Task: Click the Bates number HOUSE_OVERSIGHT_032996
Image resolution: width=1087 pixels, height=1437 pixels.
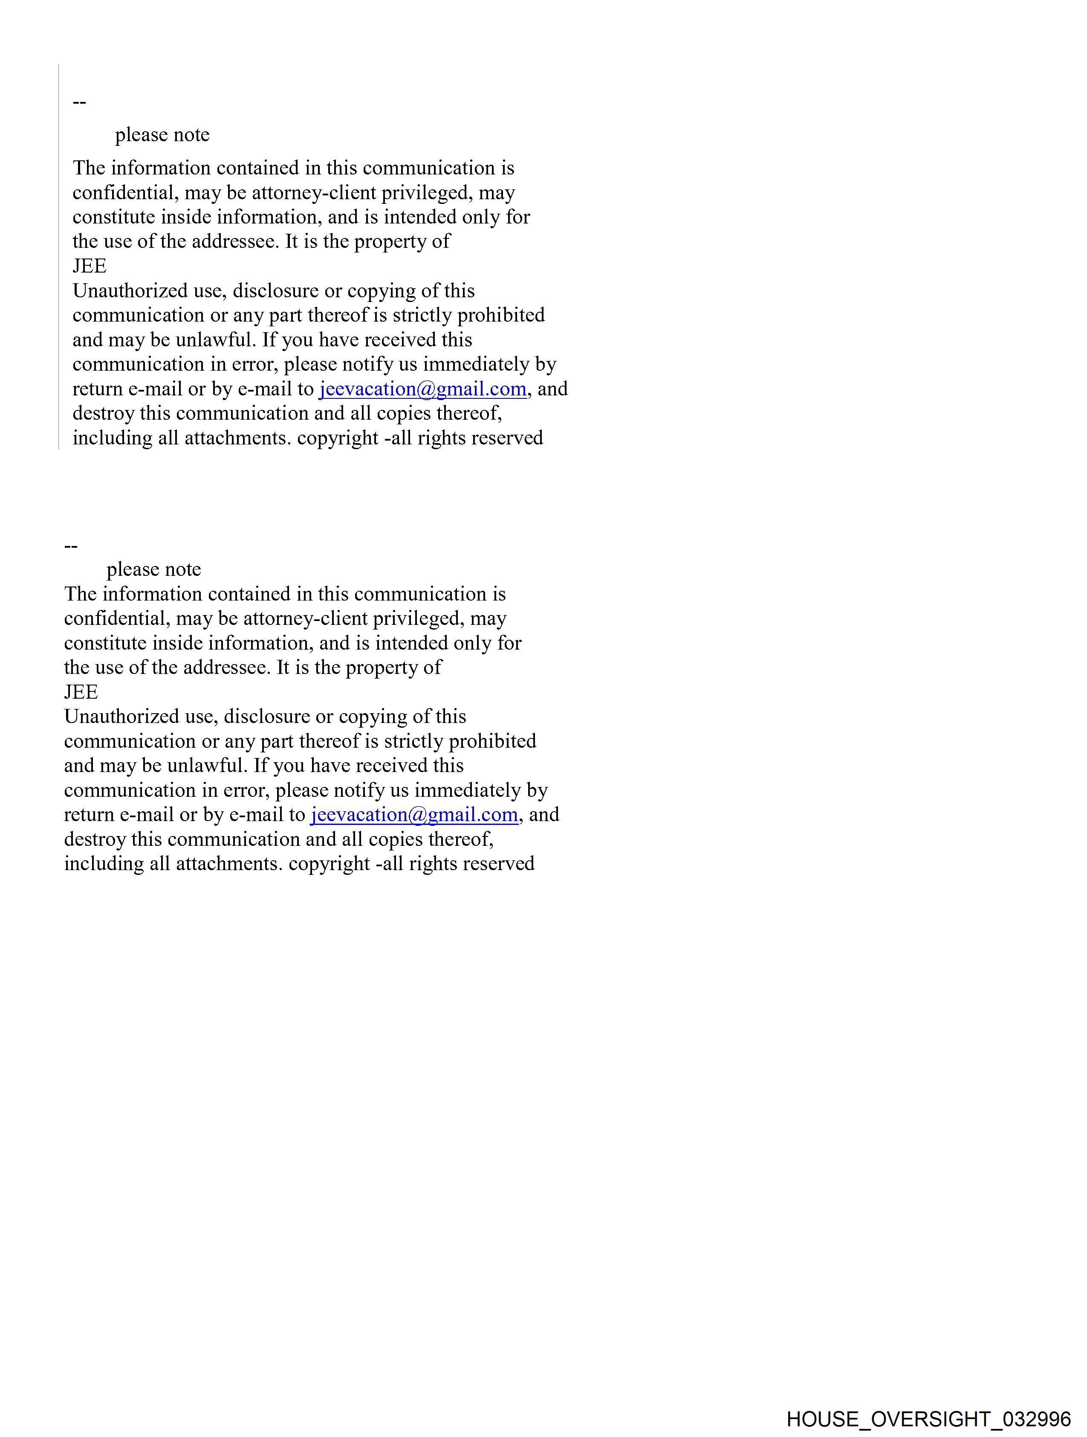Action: [928, 1419]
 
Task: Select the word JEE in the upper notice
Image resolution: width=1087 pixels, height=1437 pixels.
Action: [90, 266]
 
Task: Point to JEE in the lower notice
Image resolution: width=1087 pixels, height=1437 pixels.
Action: [81, 692]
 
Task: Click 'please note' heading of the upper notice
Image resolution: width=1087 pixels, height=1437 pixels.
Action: [162, 135]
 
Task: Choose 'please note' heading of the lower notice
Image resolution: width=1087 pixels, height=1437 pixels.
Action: [154, 570]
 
